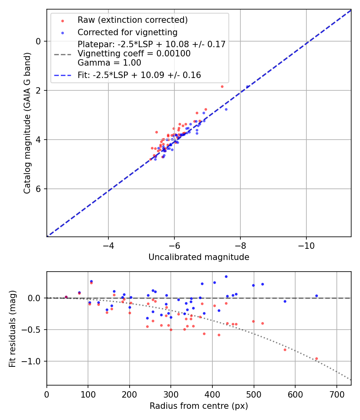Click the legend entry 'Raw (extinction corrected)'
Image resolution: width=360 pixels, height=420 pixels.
[132, 20]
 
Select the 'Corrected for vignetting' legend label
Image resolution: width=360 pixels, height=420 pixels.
[128, 32]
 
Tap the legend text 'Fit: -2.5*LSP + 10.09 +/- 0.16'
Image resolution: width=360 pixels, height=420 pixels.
[139, 75]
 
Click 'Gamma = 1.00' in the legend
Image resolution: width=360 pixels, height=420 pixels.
[109, 62]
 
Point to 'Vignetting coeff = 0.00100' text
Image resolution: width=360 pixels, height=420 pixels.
[134, 54]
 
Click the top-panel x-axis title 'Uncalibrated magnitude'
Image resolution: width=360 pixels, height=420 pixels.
[199, 257]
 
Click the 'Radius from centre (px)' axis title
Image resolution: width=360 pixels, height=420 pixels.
[199, 406]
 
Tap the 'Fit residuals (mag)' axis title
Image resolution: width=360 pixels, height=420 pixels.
[12, 329]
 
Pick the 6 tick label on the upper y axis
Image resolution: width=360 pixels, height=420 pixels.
[39, 189]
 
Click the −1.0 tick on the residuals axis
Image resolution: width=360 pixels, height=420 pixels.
[34, 361]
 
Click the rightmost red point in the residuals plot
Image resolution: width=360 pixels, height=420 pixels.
[316, 358]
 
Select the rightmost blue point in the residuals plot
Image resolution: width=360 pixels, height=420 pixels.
[316, 296]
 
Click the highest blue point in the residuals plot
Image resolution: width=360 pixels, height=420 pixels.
[226, 276]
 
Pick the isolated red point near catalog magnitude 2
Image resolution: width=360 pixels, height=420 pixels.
[222, 86]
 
